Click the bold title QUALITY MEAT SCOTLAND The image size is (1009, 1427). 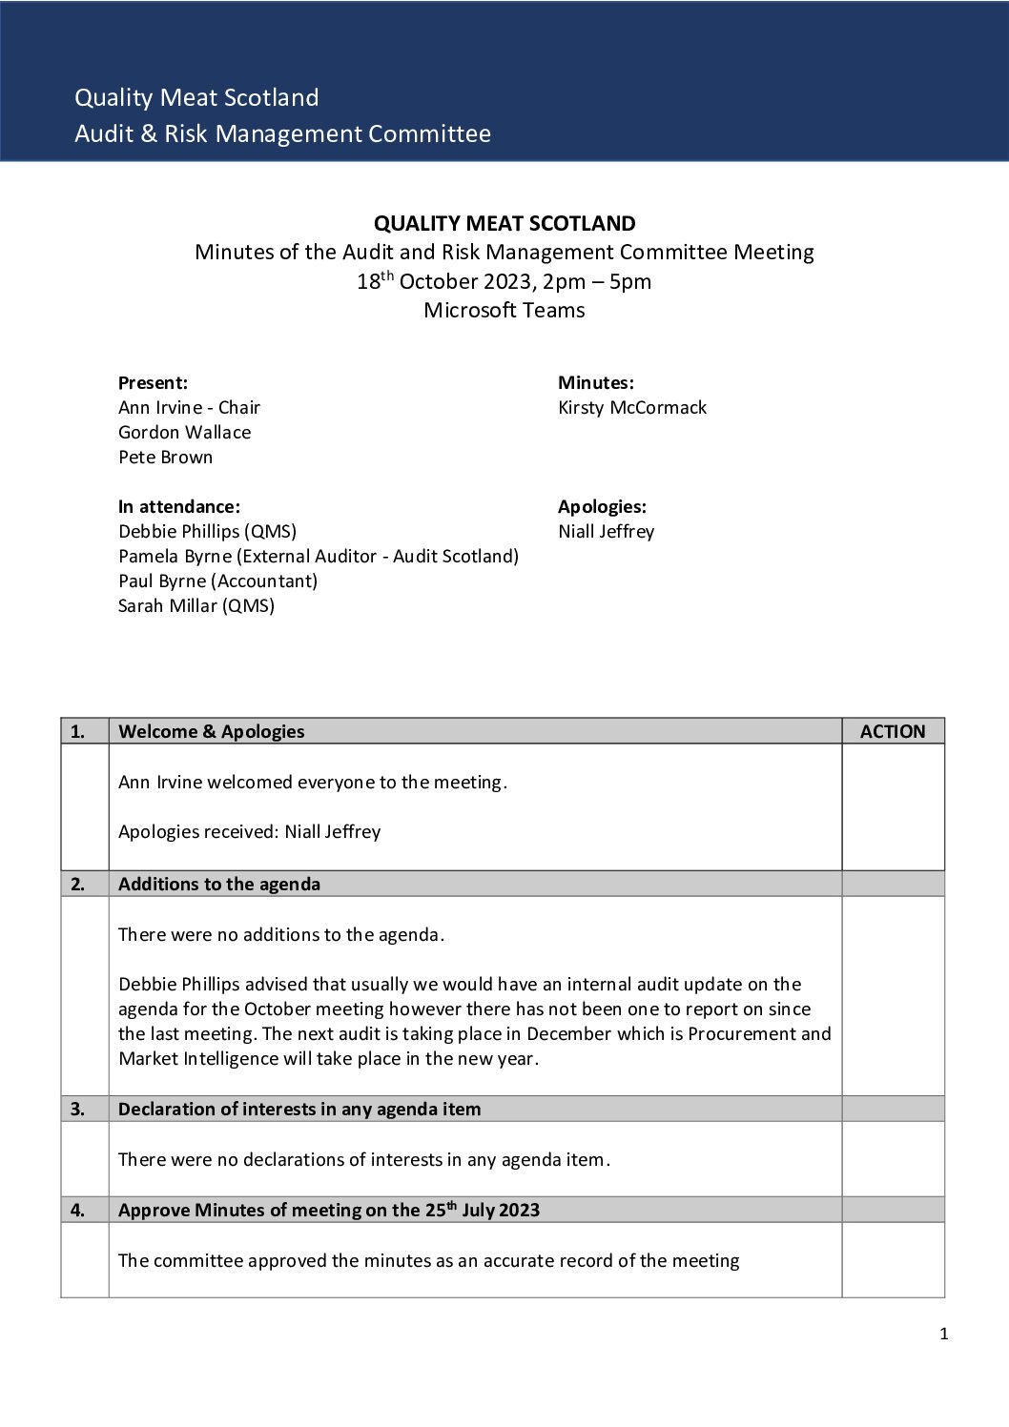pyautogui.click(x=504, y=223)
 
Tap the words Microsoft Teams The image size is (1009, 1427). pyautogui.click(x=504, y=310)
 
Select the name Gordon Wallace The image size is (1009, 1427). pyautogui.click(x=184, y=432)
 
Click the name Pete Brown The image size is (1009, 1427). pyautogui.click(x=165, y=457)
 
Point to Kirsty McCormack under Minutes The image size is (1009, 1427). pyautogui.click(x=631, y=407)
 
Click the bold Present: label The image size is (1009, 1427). pyautogui.click(x=153, y=382)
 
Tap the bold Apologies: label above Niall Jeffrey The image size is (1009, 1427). pyautogui.click(x=601, y=506)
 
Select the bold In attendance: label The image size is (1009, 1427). pyautogui.click(x=178, y=506)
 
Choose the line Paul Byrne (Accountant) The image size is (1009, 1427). pyautogui.click(x=217, y=581)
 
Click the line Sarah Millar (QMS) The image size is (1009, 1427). pyautogui.click(x=196, y=605)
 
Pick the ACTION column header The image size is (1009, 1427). pyautogui.click(x=892, y=731)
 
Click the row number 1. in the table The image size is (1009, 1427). pyautogui.click(x=77, y=731)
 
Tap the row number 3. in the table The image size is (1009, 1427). pyautogui.click(x=77, y=1109)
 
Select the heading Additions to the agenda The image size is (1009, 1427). pyautogui.click(x=218, y=884)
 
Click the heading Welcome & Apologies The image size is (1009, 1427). pyautogui.click(x=211, y=731)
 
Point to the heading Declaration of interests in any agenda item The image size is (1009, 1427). pyautogui.click(x=299, y=1109)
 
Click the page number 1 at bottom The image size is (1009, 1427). pyautogui.click(x=943, y=1334)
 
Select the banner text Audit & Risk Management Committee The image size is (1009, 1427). pyautogui.click(x=282, y=133)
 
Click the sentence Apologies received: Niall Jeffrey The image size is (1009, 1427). pyautogui.click(x=249, y=831)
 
